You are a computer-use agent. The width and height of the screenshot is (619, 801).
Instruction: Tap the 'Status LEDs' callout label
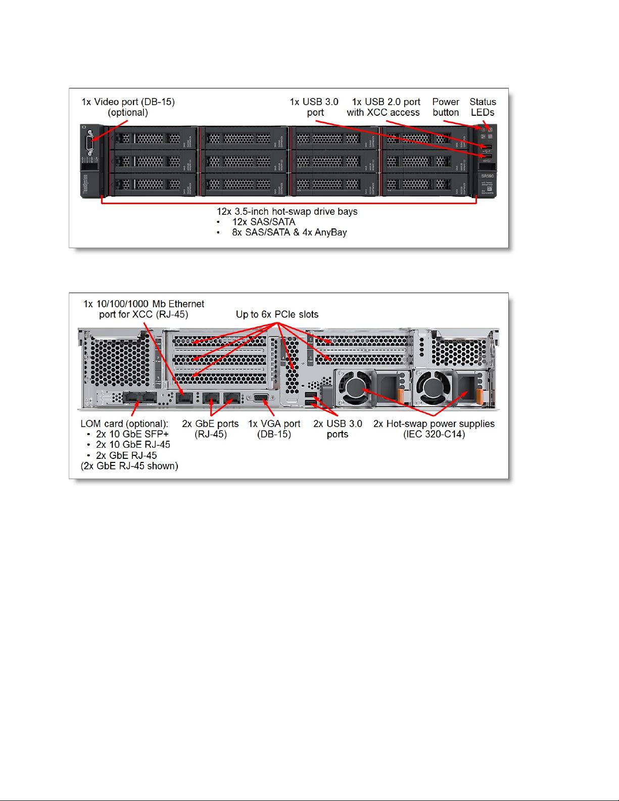pos(483,107)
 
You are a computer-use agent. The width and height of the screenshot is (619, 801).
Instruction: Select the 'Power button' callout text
pos(446,107)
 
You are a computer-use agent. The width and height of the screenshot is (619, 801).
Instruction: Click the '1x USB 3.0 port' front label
pos(314,107)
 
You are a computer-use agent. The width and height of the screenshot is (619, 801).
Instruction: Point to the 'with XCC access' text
pos(383,113)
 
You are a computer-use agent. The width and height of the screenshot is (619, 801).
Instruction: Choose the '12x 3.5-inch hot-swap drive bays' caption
pos(287,211)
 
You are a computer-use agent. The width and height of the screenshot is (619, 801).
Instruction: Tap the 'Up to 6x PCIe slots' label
pos(277,314)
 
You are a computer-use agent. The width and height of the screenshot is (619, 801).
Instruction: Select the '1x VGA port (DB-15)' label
pos(274,429)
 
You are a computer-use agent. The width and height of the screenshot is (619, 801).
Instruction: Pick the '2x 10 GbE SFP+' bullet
pos(132,434)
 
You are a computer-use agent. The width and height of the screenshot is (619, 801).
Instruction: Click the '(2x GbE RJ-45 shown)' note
pos(129,466)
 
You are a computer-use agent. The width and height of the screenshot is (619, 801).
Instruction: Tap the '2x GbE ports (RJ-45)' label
pos(210,429)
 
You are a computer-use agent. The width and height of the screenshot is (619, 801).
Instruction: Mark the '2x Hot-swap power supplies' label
pos(434,423)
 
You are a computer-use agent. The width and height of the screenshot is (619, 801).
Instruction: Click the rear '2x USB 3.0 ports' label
pos(338,429)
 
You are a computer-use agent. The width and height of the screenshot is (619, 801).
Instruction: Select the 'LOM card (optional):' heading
pos(124,423)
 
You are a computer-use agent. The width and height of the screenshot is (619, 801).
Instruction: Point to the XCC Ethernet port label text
pos(144,309)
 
